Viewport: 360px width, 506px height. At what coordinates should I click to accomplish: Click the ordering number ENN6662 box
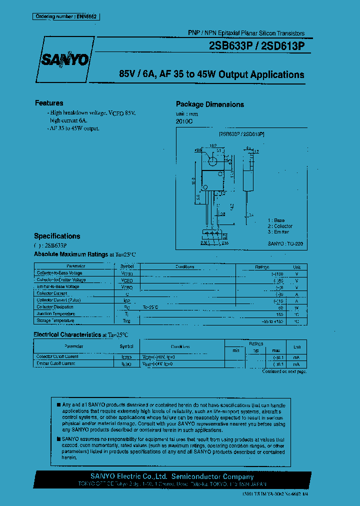pyautogui.click(x=67, y=16)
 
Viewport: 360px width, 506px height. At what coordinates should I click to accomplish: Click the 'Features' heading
pyautogui.click(x=49, y=103)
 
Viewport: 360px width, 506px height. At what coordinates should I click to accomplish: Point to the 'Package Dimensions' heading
pyautogui.click(x=210, y=104)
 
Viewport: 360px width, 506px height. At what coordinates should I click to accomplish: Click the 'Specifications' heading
pyautogui.click(x=57, y=236)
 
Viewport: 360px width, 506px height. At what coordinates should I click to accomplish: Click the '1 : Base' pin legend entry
pyautogui.click(x=276, y=220)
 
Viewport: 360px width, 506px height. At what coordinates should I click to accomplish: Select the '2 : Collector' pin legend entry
pyautogui.click(x=279, y=226)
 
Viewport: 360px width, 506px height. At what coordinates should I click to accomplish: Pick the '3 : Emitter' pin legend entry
pyautogui.click(x=278, y=232)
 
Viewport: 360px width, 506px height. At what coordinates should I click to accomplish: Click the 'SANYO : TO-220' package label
pyautogui.click(x=285, y=243)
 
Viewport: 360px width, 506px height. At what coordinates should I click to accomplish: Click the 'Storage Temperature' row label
pyautogui.click(x=55, y=320)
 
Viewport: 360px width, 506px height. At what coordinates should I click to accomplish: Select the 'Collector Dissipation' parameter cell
pyautogui.click(x=55, y=307)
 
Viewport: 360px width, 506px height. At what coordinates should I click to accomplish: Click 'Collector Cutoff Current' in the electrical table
pyautogui.click(x=57, y=356)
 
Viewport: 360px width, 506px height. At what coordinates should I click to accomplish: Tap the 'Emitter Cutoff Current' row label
pyautogui.click(x=56, y=363)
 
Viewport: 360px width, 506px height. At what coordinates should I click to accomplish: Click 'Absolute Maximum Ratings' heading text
pyautogui.click(x=71, y=254)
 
